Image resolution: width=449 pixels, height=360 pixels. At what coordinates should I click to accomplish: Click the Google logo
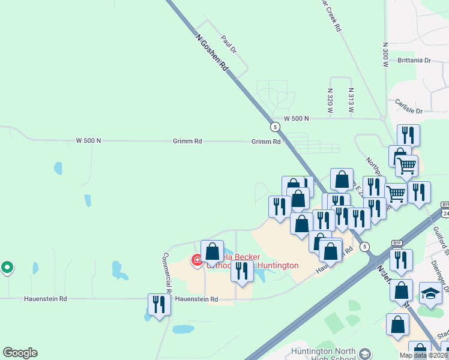(20, 353)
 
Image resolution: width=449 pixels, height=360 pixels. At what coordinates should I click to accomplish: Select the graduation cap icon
(430, 293)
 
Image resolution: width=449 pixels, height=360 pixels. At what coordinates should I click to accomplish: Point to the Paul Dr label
(229, 44)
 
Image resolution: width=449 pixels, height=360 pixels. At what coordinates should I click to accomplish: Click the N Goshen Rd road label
(212, 52)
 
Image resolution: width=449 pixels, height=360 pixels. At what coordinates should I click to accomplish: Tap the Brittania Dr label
(414, 61)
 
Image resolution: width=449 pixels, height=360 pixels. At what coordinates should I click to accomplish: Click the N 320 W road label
(330, 101)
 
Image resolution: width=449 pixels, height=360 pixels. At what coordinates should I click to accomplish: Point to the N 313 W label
(351, 101)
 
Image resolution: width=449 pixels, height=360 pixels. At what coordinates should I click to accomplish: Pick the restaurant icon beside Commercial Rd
(159, 304)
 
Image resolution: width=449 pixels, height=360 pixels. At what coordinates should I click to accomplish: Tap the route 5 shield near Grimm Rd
(275, 127)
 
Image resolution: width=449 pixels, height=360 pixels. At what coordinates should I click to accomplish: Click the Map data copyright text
(424, 355)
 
